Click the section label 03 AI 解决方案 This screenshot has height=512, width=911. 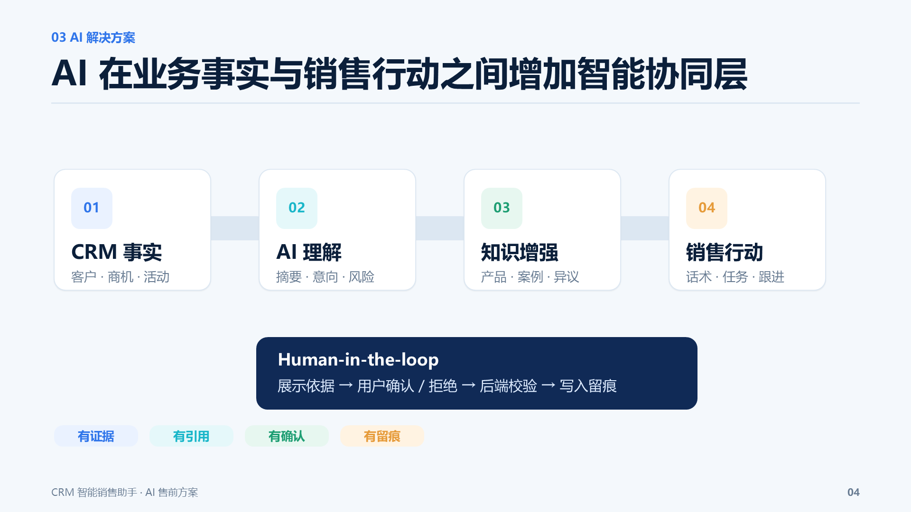click(93, 37)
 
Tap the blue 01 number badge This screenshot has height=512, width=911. click(92, 208)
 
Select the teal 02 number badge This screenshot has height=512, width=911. click(297, 208)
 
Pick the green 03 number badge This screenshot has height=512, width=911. click(502, 208)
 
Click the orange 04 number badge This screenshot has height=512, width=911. click(706, 208)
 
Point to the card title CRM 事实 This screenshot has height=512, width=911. click(117, 252)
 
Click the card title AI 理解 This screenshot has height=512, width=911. click(309, 252)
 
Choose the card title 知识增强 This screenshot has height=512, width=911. click(520, 252)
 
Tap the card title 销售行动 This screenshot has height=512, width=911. click(725, 252)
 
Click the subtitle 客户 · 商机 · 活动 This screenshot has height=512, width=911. click(121, 277)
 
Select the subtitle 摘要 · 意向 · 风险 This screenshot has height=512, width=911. click(325, 277)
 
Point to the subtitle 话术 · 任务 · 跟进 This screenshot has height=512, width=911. click(735, 277)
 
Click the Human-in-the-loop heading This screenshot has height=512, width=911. click(358, 360)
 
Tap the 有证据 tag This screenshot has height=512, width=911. click(96, 436)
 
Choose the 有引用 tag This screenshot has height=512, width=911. click(191, 436)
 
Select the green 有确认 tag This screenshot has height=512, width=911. click(287, 436)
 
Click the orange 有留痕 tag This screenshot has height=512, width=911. click(382, 436)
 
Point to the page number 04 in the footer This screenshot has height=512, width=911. click(854, 493)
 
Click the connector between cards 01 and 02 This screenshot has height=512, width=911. click(235, 228)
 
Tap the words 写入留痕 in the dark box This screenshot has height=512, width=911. click(588, 386)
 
